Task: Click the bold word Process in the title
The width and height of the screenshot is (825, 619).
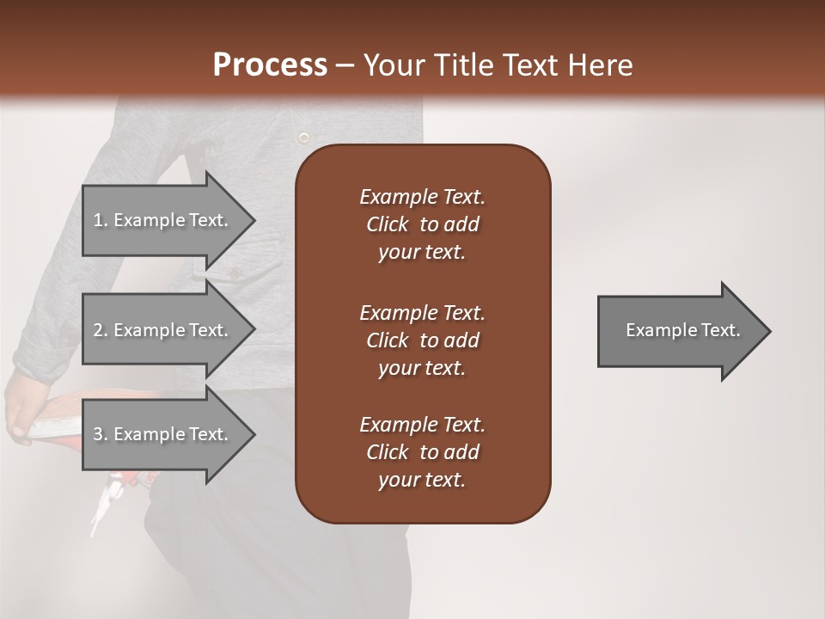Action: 270,64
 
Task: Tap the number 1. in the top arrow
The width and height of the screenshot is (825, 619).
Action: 101,220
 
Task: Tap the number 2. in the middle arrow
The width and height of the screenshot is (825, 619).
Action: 101,330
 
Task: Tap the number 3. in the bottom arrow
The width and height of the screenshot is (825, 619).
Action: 101,434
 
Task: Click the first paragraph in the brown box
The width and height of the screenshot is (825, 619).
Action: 422,224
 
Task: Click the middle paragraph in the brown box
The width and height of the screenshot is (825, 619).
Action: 422,340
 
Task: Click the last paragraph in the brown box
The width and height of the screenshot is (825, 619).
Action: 422,452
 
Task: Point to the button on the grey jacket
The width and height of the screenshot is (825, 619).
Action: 302,137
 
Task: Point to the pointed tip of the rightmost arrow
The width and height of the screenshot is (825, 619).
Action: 770,330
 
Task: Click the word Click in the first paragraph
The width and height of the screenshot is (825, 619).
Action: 388,224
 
